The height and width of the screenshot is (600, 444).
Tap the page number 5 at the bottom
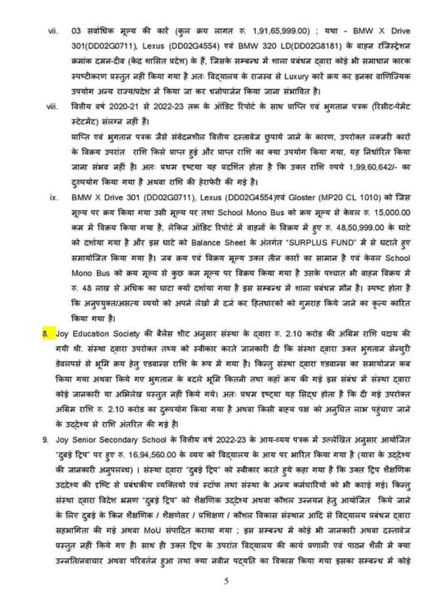click(x=226, y=581)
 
